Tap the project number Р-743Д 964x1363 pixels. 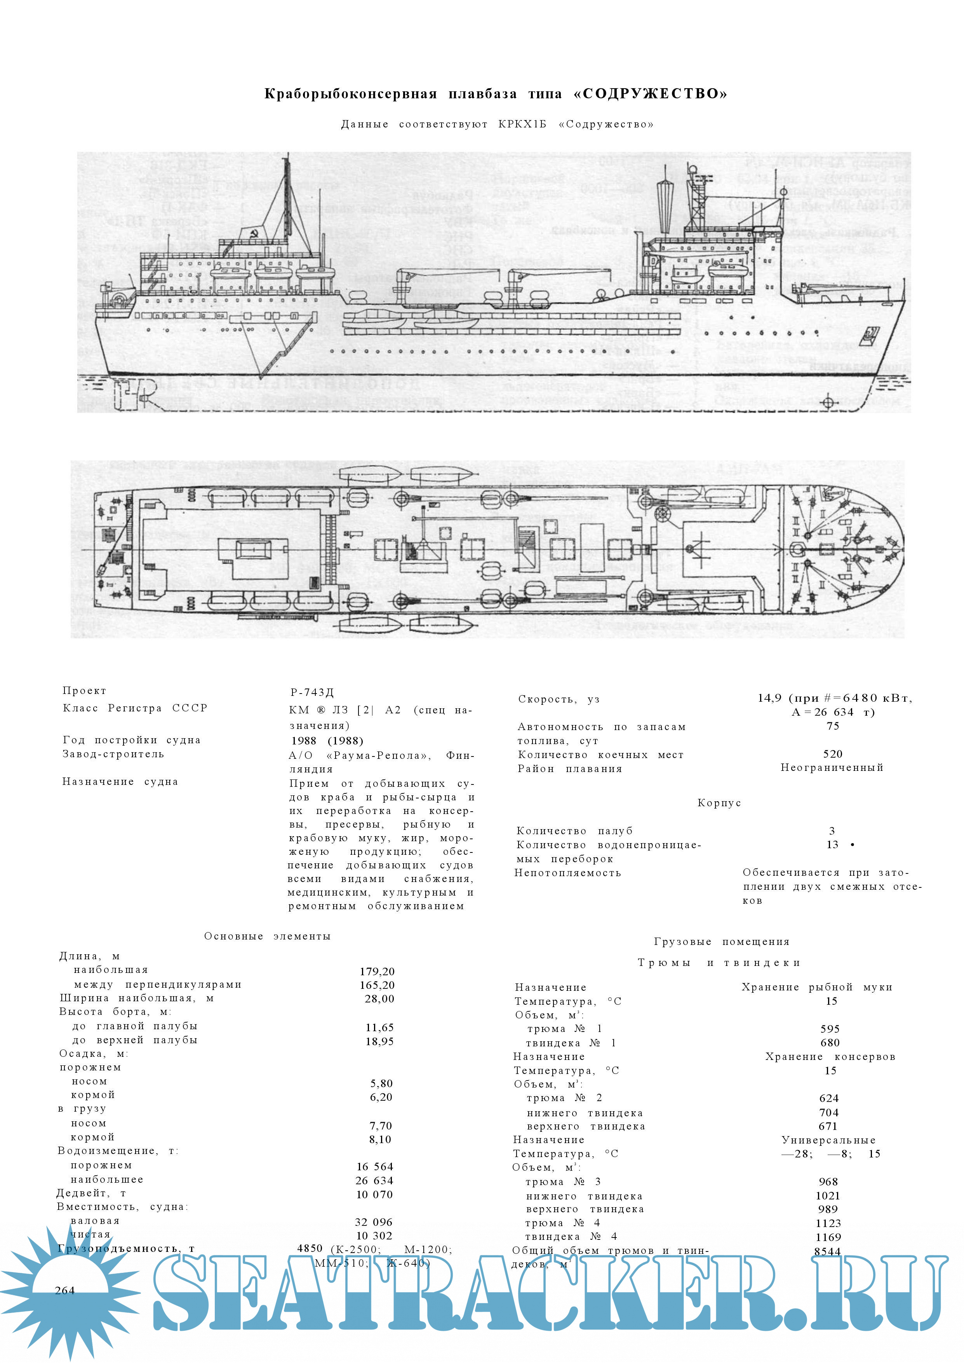(312, 692)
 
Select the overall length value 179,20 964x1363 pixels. (377, 971)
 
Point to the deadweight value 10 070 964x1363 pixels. (374, 1194)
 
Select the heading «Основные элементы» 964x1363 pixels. (267, 936)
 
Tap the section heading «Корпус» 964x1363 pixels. (719, 803)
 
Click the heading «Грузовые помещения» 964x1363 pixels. (721, 941)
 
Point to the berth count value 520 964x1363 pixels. (833, 754)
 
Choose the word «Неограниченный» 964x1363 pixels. (832, 768)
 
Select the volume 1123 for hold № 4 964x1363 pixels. (828, 1223)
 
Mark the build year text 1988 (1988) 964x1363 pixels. (327, 740)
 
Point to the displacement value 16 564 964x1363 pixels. (374, 1166)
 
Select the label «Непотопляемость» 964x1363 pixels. (567, 873)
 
